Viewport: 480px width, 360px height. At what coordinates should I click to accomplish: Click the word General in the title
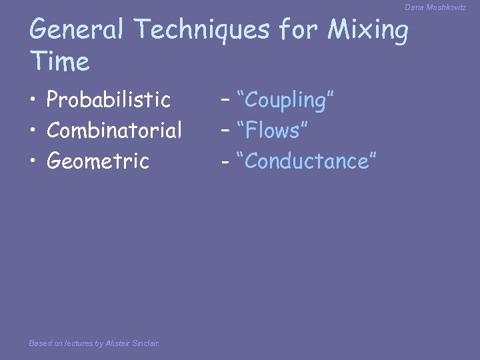click(x=77, y=29)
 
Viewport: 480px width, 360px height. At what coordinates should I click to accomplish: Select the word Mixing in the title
click(x=369, y=31)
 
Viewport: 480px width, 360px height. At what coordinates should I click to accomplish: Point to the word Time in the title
click(x=60, y=62)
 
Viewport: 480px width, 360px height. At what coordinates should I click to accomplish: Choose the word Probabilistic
click(x=109, y=100)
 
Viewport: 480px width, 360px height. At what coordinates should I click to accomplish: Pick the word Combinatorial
click(x=114, y=131)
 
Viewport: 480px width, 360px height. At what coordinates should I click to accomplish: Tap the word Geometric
click(x=97, y=161)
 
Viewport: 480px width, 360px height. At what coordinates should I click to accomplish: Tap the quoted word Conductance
click(x=311, y=161)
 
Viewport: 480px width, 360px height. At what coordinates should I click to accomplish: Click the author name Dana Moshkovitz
click(x=435, y=7)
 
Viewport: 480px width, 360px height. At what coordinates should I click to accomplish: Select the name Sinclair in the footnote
click(x=145, y=343)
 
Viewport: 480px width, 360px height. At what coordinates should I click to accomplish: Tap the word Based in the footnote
click(x=40, y=343)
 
